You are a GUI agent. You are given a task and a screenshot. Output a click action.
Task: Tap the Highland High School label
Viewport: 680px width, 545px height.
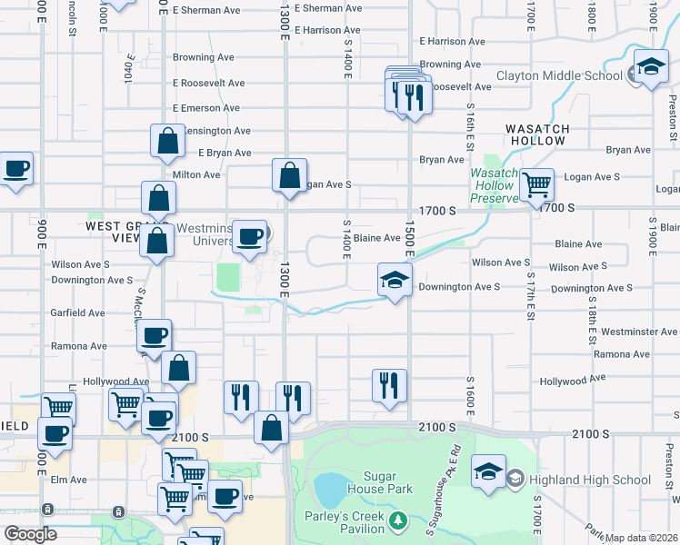click(x=595, y=480)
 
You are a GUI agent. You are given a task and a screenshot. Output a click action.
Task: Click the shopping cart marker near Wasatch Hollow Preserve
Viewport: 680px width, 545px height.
click(x=537, y=184)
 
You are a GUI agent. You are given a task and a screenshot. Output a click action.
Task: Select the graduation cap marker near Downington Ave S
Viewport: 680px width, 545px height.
click(x=395, y=280)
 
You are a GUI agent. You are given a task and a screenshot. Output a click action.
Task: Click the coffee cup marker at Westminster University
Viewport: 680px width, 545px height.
click(x=250, y=237)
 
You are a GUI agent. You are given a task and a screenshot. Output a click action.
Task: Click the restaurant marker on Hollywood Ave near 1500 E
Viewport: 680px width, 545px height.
click(x=390, y=384)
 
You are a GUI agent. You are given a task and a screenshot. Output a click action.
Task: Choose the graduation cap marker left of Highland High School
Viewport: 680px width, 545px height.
click(x=489, y=473)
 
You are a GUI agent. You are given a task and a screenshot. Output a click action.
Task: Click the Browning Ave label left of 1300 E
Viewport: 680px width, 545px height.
click(x=205, y=57)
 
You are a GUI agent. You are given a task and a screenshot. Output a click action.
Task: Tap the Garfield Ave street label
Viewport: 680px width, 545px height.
click(x=79, y=312)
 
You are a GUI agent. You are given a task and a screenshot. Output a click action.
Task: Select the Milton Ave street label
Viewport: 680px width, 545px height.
click(x=196, y=174)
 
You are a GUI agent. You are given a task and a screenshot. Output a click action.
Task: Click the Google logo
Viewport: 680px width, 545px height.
click(x=30, y=535)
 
